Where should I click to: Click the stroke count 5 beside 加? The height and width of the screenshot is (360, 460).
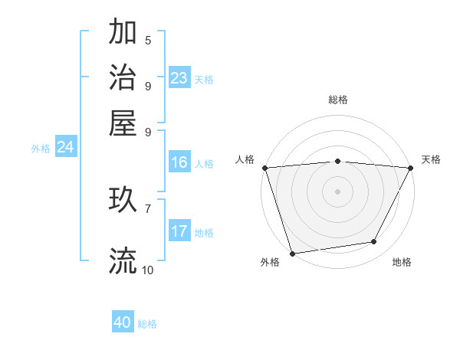(148, 40)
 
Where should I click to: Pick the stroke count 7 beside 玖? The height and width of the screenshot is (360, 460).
(148, 208)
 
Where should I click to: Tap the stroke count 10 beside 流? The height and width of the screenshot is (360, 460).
(148, 270)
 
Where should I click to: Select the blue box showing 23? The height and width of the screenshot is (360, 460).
(179, 77)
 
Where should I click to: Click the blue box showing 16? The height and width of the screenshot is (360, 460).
(179, 162)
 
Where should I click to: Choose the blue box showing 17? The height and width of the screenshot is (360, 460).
(179, 231)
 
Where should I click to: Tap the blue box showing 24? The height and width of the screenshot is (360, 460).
(65, 147)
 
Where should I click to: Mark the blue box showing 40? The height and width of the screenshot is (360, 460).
(123, 323)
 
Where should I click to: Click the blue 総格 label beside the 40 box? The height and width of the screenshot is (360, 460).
(147, 324)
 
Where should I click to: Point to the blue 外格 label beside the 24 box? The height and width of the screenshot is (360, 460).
(41, 149)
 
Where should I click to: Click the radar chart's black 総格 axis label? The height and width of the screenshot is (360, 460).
(338, 100)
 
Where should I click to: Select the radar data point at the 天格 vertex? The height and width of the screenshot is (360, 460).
(411, 168)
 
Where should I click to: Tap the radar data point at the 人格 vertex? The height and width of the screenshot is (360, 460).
(264, 168)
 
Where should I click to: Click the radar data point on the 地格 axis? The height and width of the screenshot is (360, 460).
(374, 242)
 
